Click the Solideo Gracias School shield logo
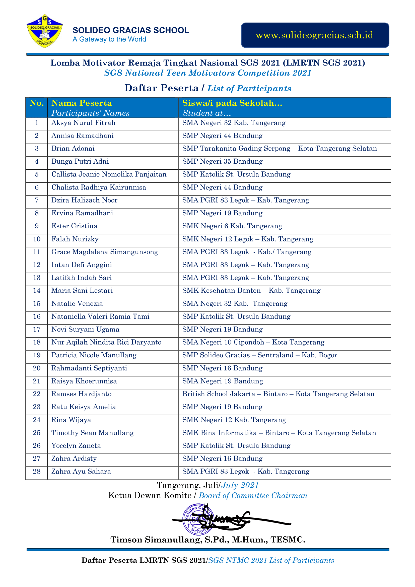[x=45, y=31]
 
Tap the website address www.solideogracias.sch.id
[x=315, y=35]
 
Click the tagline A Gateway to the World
[x=109, y=39]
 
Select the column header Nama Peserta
[x=82, y=103]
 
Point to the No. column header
[x=37, y=103]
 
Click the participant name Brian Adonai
[x=73, y=149]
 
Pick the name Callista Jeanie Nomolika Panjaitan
[x=109, y=174]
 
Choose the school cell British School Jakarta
[x=278, y=394]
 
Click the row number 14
[x=37, y=291]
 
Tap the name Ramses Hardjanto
[x=81, y=394]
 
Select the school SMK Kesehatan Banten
[x=251, y=291]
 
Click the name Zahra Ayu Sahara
[x=81, y=472]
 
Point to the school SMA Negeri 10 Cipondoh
[x=253, y=342]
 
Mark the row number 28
[x=37, y=472]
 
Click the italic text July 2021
[x=240, y=485]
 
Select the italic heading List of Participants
[x=249, y=88]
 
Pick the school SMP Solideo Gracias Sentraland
[x=260, y=355]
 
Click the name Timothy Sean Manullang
[x=93, y=433]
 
